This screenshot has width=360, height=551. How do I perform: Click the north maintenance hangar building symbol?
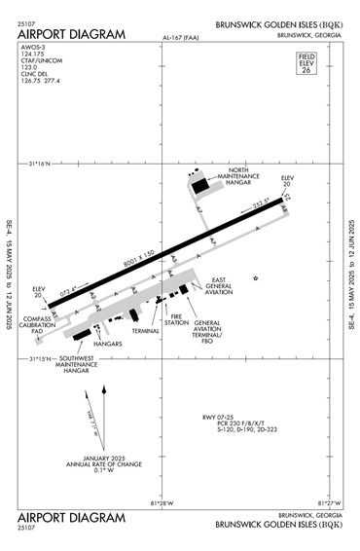[200, 182]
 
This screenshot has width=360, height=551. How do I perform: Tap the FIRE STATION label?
[176, 320]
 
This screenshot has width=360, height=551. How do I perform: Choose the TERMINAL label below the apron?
[146, 331]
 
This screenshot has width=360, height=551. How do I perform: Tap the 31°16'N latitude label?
[45, 162]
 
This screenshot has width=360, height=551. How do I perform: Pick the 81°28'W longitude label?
[162, 502]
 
